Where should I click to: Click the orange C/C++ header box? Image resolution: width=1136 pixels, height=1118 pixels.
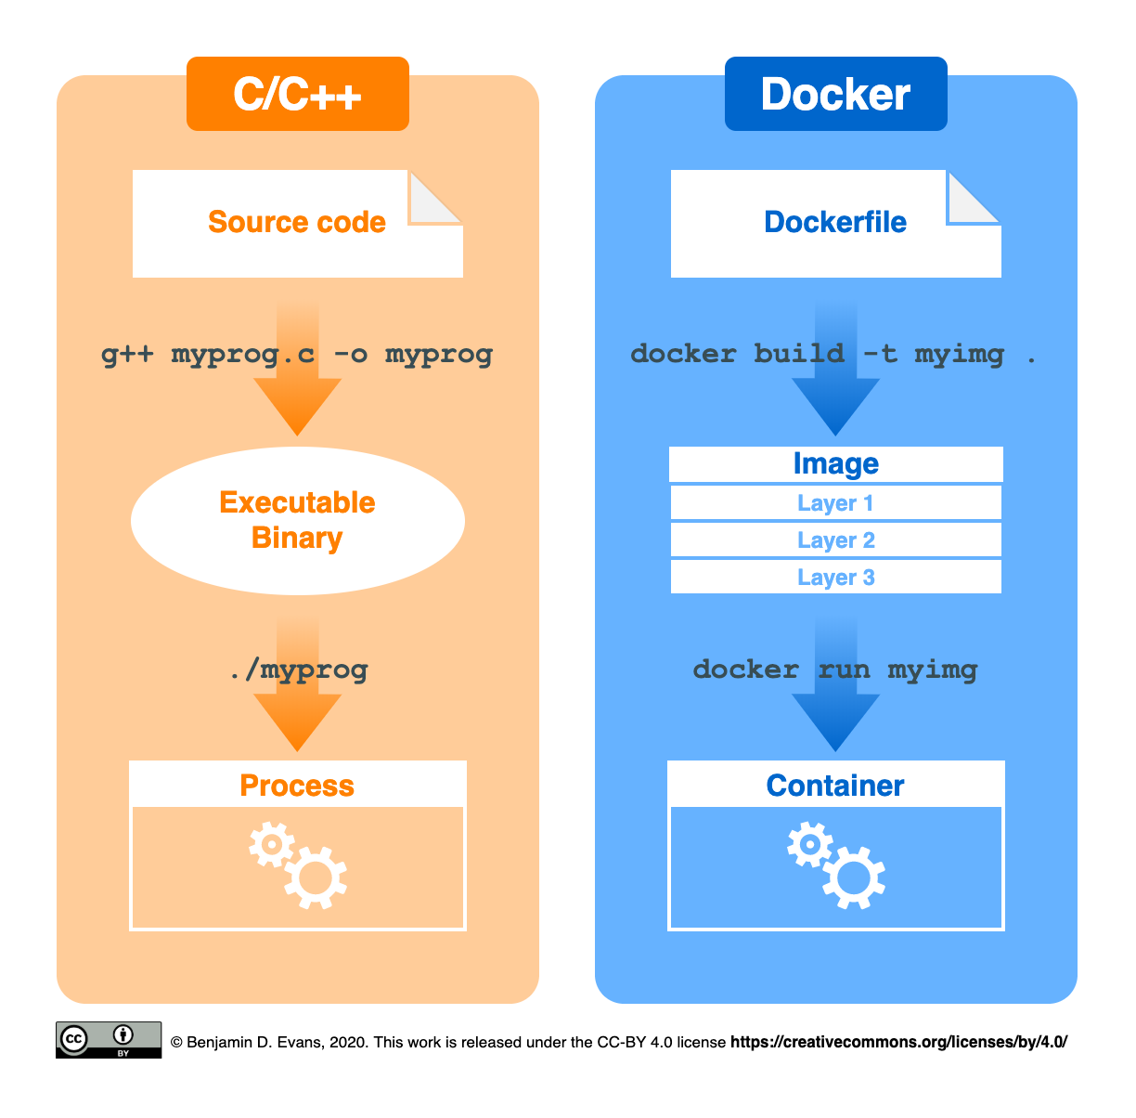(297, 94)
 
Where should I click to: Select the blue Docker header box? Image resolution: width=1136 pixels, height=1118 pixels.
(835, 94)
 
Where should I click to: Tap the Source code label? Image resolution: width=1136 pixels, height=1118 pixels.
(297, 222)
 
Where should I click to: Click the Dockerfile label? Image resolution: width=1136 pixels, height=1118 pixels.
(835, 222)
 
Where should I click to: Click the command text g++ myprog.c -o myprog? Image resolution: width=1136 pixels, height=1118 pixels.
(297, 354)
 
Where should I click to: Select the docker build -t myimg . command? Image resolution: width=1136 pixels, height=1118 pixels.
(833, 354)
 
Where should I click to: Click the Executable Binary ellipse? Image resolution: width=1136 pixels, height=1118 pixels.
(297, 520)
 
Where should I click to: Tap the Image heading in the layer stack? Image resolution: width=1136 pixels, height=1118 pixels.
(835, 463)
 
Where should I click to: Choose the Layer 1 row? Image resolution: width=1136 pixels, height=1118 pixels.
(835, 503)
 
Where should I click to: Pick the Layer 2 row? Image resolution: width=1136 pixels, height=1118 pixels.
(835, 540)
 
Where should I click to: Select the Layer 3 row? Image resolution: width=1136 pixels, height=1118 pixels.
(835, 578)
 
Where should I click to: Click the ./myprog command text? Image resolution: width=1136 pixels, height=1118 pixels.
(298, 669)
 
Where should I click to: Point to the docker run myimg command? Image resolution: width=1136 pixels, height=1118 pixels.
(835, 669)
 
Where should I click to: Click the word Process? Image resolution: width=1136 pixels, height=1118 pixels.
(297, 786)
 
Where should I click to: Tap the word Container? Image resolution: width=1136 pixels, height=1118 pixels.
(835, 786)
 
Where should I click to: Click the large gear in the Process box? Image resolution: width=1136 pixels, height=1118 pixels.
(316, 877)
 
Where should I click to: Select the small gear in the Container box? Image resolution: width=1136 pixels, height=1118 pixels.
(809, 845)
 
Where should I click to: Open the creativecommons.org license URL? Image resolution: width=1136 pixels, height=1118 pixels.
(898, 1042)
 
